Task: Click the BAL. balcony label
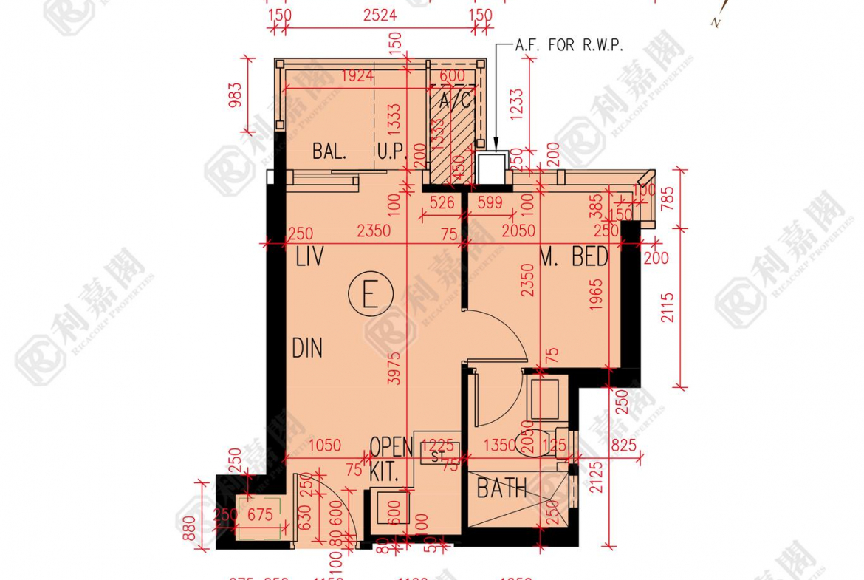point(329,152)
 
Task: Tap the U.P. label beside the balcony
point(393,152)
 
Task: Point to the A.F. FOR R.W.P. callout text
point(570,45)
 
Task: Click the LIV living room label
point(310,258)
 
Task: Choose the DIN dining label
point(306,347)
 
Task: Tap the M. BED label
point(574,257)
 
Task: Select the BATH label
point(501,488)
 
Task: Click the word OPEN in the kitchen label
point(391,447)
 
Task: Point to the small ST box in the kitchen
point(439,456)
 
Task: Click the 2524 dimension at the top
point(380,15)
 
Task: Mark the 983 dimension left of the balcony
point(236,95)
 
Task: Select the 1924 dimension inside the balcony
point(357,75)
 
